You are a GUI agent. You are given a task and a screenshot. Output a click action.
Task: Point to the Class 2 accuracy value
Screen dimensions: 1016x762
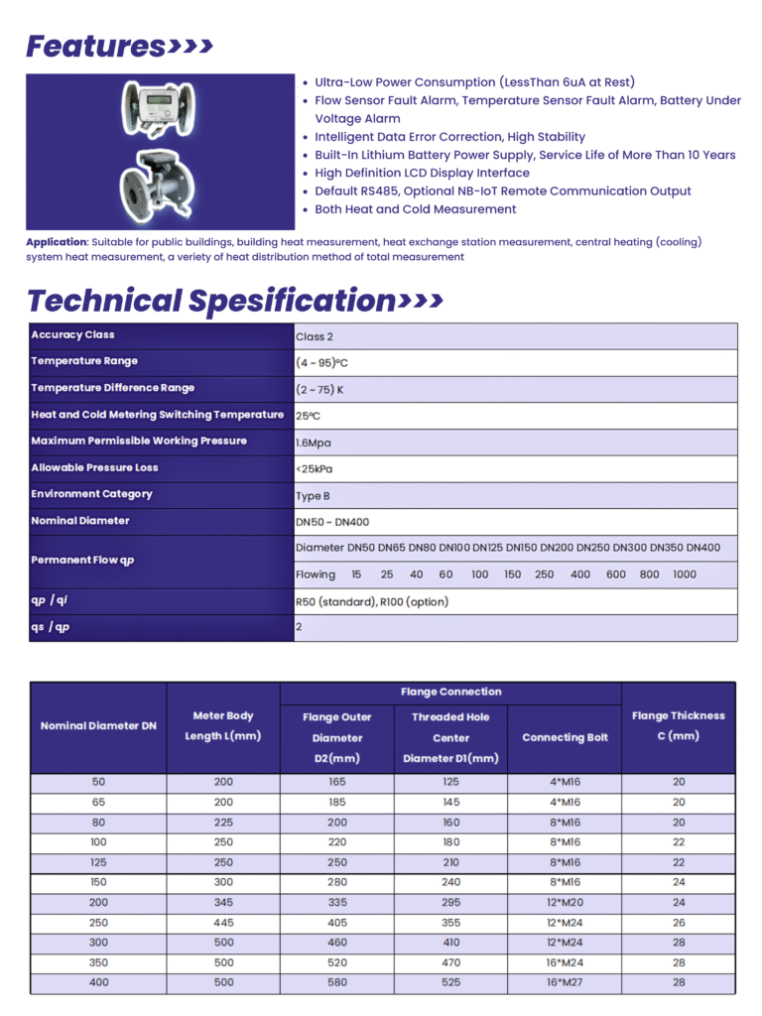tap(315, 336)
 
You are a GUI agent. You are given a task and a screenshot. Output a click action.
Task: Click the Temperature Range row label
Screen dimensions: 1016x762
tap(84, 361)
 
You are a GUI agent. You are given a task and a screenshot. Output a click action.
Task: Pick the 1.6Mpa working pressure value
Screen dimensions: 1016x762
tap(314, 443)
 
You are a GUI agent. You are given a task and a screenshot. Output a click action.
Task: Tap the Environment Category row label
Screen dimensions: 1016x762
tap(91, 494)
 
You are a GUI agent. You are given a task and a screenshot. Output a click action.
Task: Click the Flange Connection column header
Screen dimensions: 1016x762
tap(450, 692)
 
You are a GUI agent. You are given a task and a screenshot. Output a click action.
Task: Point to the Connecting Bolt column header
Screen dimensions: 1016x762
tap(565, 737)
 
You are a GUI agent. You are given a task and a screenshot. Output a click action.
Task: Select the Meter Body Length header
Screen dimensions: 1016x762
tap(223, 725)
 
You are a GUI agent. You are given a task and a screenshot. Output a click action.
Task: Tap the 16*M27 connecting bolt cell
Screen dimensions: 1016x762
tap(565, 983)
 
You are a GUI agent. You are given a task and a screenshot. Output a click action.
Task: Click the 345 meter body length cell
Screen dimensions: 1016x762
tap(223, 903)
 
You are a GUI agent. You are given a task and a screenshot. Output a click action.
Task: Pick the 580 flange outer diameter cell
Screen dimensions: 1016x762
tap(337, 983)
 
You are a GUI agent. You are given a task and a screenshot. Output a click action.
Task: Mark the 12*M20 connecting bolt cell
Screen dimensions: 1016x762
tap(565, 903)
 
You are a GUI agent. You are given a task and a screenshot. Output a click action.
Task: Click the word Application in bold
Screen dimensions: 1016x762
tap(57, 242)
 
